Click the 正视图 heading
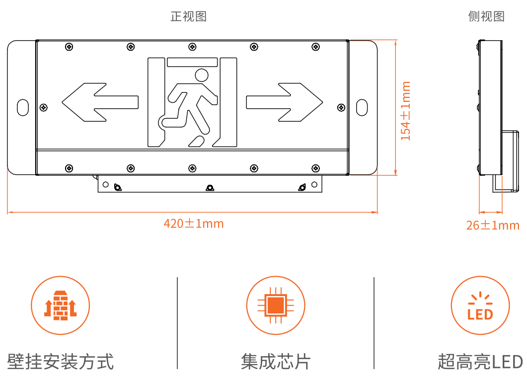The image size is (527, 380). (x=188, y=16)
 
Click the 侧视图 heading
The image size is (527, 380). (x=486, y=16)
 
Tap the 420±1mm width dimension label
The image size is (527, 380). (x=194, y=224)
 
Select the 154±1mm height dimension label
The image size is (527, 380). (x=406, y=111)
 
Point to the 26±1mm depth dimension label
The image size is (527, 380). (x=493, y=225)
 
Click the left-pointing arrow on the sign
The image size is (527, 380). (x=100, y=102)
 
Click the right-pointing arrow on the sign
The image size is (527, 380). (x=284, y=102)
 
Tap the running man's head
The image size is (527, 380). (x=202, y=76)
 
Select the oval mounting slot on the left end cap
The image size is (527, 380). (x=23, y=107)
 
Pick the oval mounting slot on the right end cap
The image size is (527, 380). (x=362, y=107)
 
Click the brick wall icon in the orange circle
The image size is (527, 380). (x=61, y=305)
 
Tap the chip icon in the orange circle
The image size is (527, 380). (x=276, y=305)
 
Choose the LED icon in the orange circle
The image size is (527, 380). (x=480, y=306)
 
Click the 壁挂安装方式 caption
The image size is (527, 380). (x=61, y=362)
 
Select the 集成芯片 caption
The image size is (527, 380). (x=276, y=362)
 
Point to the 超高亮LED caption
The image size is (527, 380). (x=480, y=362)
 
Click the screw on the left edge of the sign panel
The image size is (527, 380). (x=43, y=107)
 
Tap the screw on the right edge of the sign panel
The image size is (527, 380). (x=341, y=107)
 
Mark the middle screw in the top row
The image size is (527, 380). (x=192, y=47)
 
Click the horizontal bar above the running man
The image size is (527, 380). (x=192, y=62)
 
